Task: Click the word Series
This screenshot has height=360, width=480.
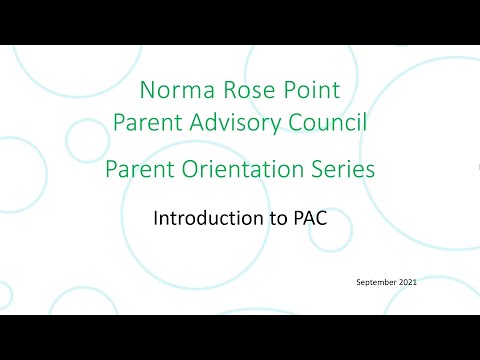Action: pos(342,170)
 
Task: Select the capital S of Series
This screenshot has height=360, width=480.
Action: pos(316,170)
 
